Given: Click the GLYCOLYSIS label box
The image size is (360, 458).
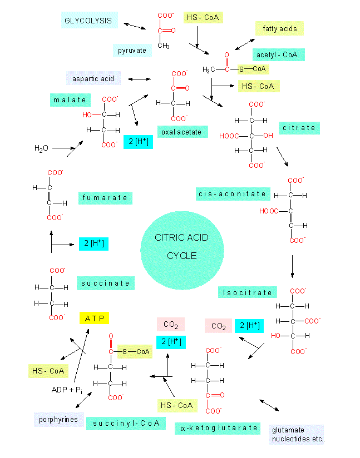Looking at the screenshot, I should (x=88, y=21).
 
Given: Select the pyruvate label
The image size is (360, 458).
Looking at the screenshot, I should (x=132, y=51).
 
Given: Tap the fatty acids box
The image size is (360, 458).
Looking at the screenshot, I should (x=279, y=28).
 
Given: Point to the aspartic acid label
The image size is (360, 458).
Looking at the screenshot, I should (x=93, y=78).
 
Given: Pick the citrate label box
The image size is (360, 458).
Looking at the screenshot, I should (x=298, y=128).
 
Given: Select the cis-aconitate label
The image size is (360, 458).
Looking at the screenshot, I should (x=233, y=193).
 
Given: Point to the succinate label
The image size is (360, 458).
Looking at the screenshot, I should (x=105, y=283).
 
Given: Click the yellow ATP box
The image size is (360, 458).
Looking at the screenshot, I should (x=94, y=318).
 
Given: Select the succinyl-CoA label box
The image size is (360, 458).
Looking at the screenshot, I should (x=125, y=423).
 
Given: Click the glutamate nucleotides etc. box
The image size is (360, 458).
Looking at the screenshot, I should (x=297, y=435).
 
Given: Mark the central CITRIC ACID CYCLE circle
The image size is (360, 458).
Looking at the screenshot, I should (x=182, y=247).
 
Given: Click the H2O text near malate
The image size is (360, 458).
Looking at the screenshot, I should (x=41, y=148).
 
